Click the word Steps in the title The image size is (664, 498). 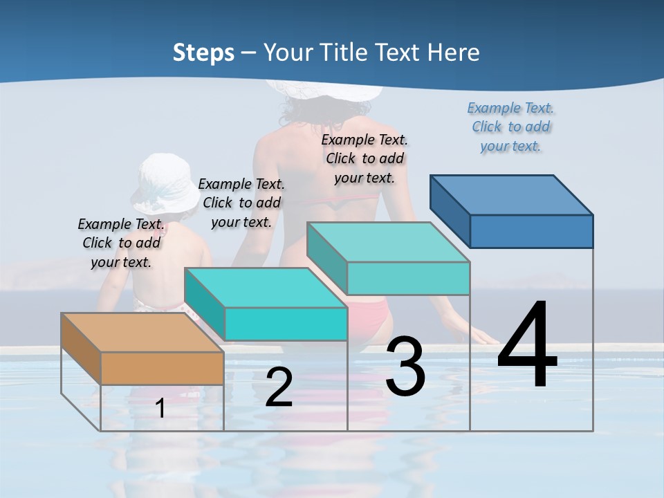point(203,53)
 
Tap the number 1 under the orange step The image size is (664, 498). point(160,408)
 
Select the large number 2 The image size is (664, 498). point(279,387)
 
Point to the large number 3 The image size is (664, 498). point(405,367)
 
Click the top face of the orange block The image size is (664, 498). point(142,333)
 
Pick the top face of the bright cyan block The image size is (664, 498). point(266,288)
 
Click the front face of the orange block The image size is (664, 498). point(163,368)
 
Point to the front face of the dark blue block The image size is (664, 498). point(531,231)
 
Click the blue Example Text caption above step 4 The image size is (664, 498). point(510,127)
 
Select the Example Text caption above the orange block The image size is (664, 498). point(121,243)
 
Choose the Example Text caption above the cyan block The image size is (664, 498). point(241,203)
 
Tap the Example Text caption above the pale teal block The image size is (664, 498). point(365,158)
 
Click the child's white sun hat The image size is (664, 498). point(165,183)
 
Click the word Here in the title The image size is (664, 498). point(454,53)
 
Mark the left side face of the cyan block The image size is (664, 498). point(205,304)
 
